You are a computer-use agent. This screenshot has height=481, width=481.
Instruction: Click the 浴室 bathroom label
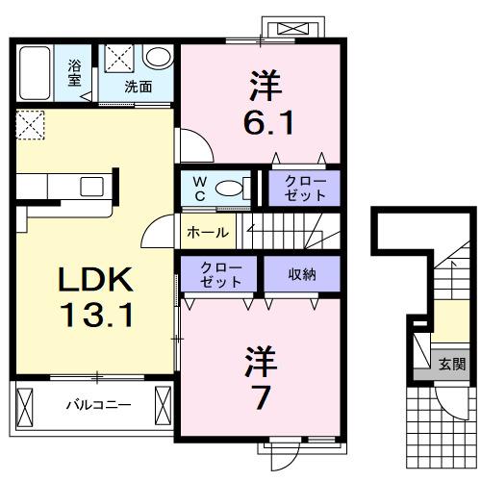74,73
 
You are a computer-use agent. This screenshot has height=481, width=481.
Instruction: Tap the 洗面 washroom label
139,87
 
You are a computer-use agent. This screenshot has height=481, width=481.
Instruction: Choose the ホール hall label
207,233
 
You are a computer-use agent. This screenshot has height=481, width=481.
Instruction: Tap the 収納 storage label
301,273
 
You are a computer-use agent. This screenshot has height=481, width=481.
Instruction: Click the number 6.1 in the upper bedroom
259,122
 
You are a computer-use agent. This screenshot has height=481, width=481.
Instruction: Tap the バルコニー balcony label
99,404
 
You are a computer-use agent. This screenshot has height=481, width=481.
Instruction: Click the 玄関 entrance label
451,365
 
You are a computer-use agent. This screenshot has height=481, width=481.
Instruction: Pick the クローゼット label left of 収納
220,273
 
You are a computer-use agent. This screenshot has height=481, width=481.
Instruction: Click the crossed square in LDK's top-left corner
30,124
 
